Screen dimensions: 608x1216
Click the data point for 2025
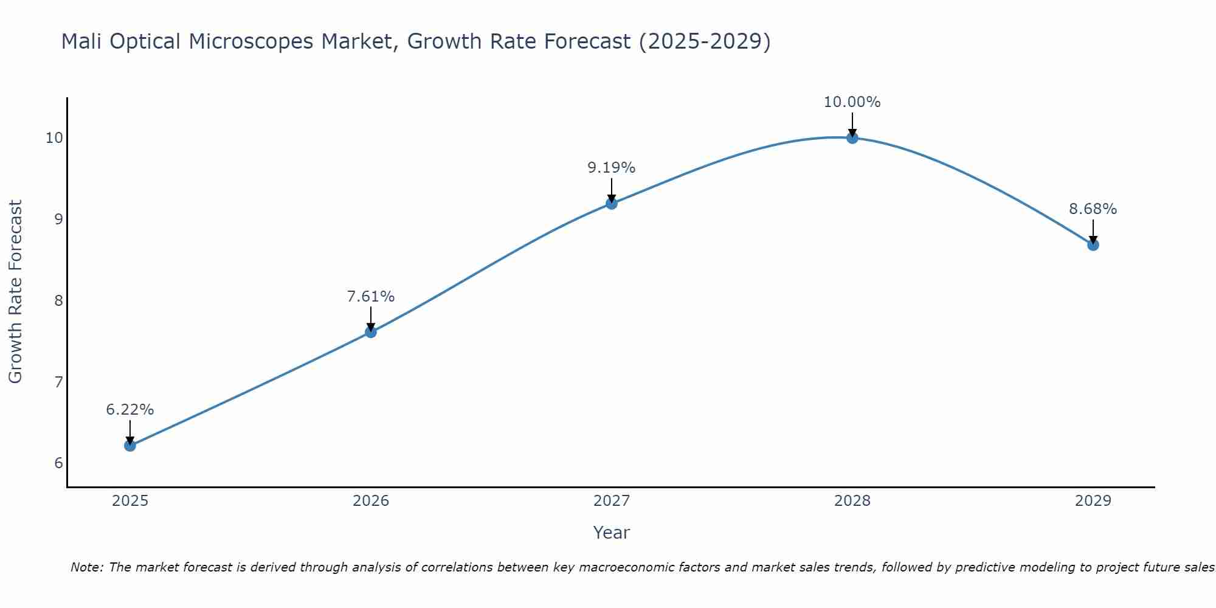coord(130,446)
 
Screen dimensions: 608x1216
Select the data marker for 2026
coord(370,332)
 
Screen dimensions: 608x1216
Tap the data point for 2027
coord(611,203)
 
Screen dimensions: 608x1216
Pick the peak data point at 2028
coord(852,138)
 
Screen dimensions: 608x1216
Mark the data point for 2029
coord(1093,245)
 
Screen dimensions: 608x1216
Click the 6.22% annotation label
coord(130,410)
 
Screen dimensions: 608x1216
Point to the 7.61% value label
coord(370,297)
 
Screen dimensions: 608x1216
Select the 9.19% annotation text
coord(611,167)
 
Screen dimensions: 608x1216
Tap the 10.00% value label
coord(852,102)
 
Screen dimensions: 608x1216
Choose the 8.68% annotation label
coord(1093,209)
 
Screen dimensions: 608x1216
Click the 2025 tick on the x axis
coord(130,501)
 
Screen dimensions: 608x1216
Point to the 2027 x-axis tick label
coord(611,501)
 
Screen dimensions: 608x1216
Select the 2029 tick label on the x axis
coord(1093,501)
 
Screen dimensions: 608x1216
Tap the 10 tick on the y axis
coord(54,138)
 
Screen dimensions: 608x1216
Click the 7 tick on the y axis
coord(58,382)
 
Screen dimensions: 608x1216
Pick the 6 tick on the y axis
coord(58,463)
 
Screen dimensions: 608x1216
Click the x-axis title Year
coord(611,533)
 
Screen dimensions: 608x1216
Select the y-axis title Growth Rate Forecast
coord(16,292)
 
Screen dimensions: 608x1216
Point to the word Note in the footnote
coord(87,567)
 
